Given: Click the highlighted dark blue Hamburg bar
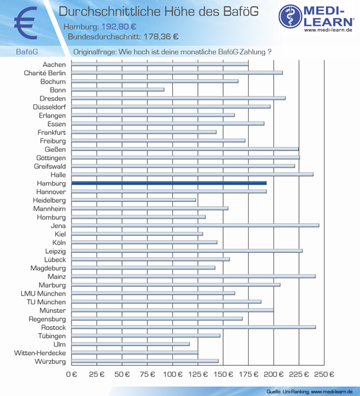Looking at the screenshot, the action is tap(169, 183).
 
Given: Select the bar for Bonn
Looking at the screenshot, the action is tap(118, 89).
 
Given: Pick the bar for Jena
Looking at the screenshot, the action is tap(195, 226).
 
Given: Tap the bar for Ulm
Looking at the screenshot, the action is tap(130, 344).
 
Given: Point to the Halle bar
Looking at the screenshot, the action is tap(192, 174).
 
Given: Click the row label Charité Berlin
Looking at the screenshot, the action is tap(45, 73).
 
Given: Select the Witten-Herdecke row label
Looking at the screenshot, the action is tap(40, 353).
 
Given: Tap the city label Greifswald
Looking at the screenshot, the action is tap(50, 166).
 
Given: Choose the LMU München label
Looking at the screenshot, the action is tap(43, 293).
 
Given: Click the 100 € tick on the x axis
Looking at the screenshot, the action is tap(172, 374).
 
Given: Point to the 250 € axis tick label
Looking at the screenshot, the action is tap(324, 374).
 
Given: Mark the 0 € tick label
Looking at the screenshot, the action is tap(71, 374).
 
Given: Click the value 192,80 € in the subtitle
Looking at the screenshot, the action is tap(119, 26).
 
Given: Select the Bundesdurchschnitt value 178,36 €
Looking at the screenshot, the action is tap(161, 37).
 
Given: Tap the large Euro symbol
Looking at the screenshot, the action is tap(26, 23).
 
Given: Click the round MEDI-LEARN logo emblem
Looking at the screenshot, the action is tap(291, 16).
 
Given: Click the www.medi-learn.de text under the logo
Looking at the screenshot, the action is tap(328, 30).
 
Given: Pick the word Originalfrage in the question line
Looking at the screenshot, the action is tap(94, 52).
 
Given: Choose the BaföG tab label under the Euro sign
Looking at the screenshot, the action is tap(27, 52).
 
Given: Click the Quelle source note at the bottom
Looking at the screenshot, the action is tap(309, 392).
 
